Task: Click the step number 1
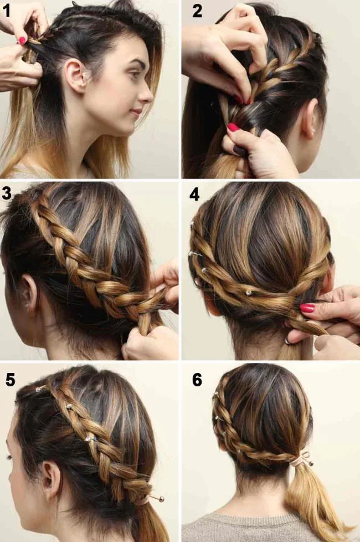click(x=8, y=10)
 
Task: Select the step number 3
click(x=7, y=195)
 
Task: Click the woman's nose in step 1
click(x=147, y=95)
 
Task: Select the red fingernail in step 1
click(x=22, y=40)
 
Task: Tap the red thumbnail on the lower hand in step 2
click(x=233, y=127)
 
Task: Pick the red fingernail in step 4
click(x=307, y=308)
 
